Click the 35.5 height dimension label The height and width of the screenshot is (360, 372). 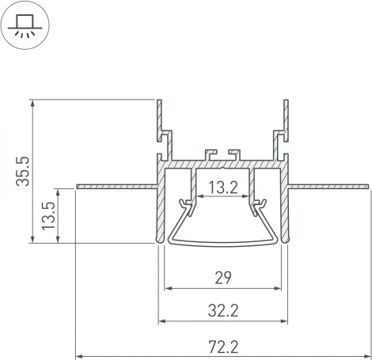tap(23, 170)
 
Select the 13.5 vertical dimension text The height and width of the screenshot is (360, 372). tap(47, 215)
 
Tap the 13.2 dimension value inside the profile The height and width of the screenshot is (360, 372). tap(222, 188)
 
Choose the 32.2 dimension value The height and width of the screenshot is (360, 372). tap(222, 311)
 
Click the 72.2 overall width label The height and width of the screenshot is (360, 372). tap(222, 345)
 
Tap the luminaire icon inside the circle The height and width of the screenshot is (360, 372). tap(25, 25)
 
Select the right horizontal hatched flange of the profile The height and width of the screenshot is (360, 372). tap(328, 187)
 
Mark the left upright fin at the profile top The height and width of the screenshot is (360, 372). tap(160, 119)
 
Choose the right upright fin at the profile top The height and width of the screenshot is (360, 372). tap(285, 119)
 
